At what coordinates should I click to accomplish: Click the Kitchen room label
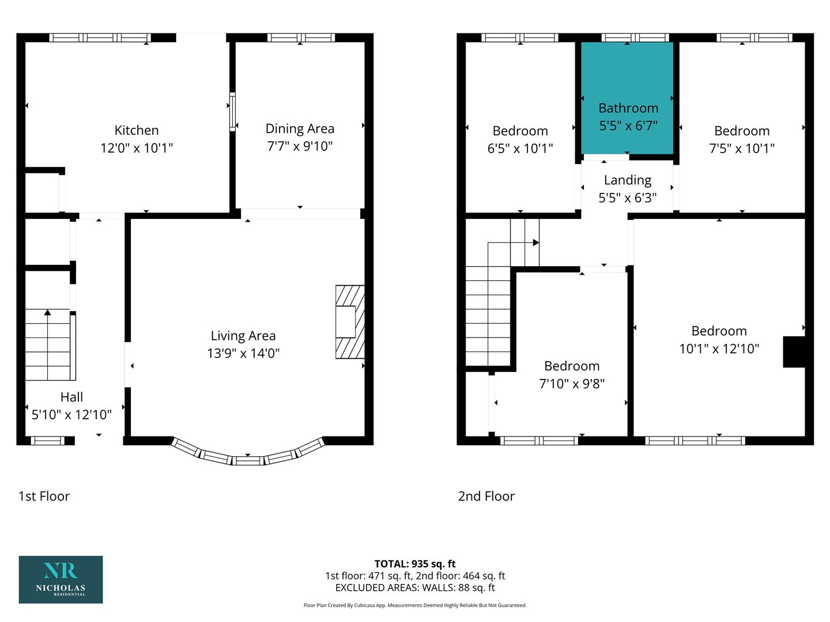pos(137,130)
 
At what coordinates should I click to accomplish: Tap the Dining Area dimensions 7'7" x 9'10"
pos(300,146)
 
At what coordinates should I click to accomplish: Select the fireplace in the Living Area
pos(350,322)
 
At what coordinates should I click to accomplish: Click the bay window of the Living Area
pos(248,454)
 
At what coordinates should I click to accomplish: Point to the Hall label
pos(71,397)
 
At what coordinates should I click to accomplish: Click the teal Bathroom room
pos(627,98)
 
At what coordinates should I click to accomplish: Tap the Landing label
pos(628,180)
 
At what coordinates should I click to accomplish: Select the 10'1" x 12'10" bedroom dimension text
pos(719,348)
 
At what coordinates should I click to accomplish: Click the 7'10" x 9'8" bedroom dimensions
pos(572,384)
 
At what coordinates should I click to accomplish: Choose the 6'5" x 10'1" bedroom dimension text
pos(520,149)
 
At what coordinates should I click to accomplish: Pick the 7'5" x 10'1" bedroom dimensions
pos(742,149)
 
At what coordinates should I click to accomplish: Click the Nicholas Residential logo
pos(61,579)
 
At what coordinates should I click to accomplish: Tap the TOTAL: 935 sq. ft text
pos(415,564)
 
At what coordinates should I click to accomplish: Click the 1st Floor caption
pos(44,496)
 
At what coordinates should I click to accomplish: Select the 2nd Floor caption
pos(486,496)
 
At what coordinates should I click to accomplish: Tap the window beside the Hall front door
pos(47,441)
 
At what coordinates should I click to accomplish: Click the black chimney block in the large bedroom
pos(794,352)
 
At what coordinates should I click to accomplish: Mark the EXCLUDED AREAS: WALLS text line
pos(415,587)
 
